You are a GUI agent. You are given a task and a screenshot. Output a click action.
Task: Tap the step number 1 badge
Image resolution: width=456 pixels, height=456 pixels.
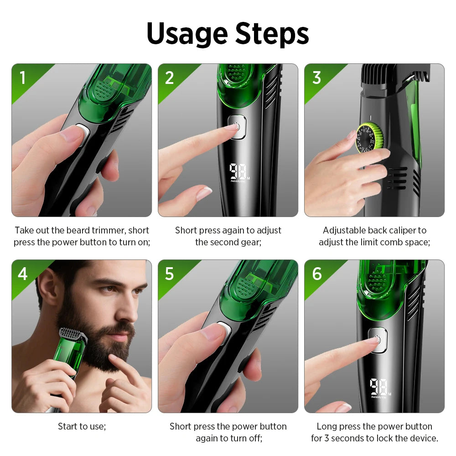point(22,78)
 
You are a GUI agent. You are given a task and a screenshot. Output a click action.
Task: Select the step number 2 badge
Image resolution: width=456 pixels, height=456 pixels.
point(169,78)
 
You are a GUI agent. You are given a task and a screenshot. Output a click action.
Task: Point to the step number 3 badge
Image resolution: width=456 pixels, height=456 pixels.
point(316,78)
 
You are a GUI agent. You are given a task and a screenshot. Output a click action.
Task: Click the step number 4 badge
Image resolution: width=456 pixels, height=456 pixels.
point(22,274)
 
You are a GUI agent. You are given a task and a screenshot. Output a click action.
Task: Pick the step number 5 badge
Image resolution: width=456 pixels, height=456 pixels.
point(169,274)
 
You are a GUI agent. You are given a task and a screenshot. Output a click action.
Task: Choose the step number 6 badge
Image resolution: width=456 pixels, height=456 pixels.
point(316,274)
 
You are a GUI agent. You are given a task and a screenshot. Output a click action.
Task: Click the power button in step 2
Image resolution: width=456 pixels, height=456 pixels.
point(236,126)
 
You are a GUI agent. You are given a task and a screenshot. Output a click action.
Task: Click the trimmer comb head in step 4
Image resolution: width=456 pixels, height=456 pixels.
point(73,335)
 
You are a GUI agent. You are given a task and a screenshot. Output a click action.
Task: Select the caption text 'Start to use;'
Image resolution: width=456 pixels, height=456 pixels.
point(82,426)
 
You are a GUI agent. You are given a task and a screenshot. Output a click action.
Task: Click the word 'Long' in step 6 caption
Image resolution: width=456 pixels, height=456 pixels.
point(327,426)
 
